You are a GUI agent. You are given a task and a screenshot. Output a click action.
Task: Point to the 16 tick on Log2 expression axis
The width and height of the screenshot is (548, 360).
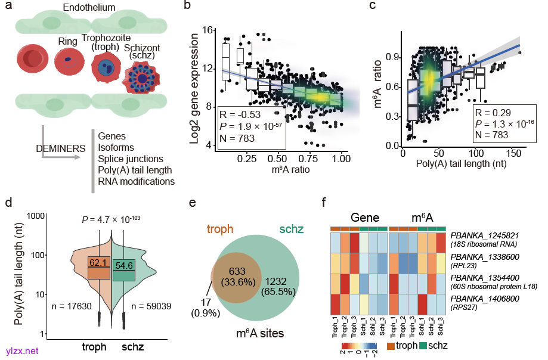click(208, 30)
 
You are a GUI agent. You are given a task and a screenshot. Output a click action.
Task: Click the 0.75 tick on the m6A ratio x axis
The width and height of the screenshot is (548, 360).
click(309, 161)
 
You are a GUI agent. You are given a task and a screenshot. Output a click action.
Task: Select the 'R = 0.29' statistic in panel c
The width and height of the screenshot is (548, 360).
click(491, 112)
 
